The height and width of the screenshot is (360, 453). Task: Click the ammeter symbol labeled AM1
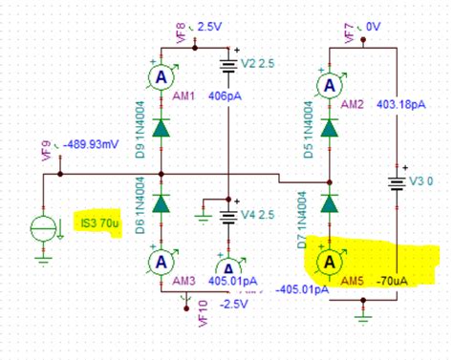click(x=161, y=77)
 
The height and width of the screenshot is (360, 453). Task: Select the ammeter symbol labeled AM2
click(x=331, y=85)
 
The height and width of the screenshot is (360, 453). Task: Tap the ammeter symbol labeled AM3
click(x=162, y=261)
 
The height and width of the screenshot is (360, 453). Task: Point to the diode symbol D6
click(x=162, y=202)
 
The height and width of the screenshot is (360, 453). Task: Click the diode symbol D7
click(x=331, y=201)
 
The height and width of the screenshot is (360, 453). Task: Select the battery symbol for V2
click(x=229, y=67)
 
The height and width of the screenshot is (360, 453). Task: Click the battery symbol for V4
click(x=229, y=214)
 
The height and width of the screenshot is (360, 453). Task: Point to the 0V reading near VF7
click(x=370, y=26)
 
